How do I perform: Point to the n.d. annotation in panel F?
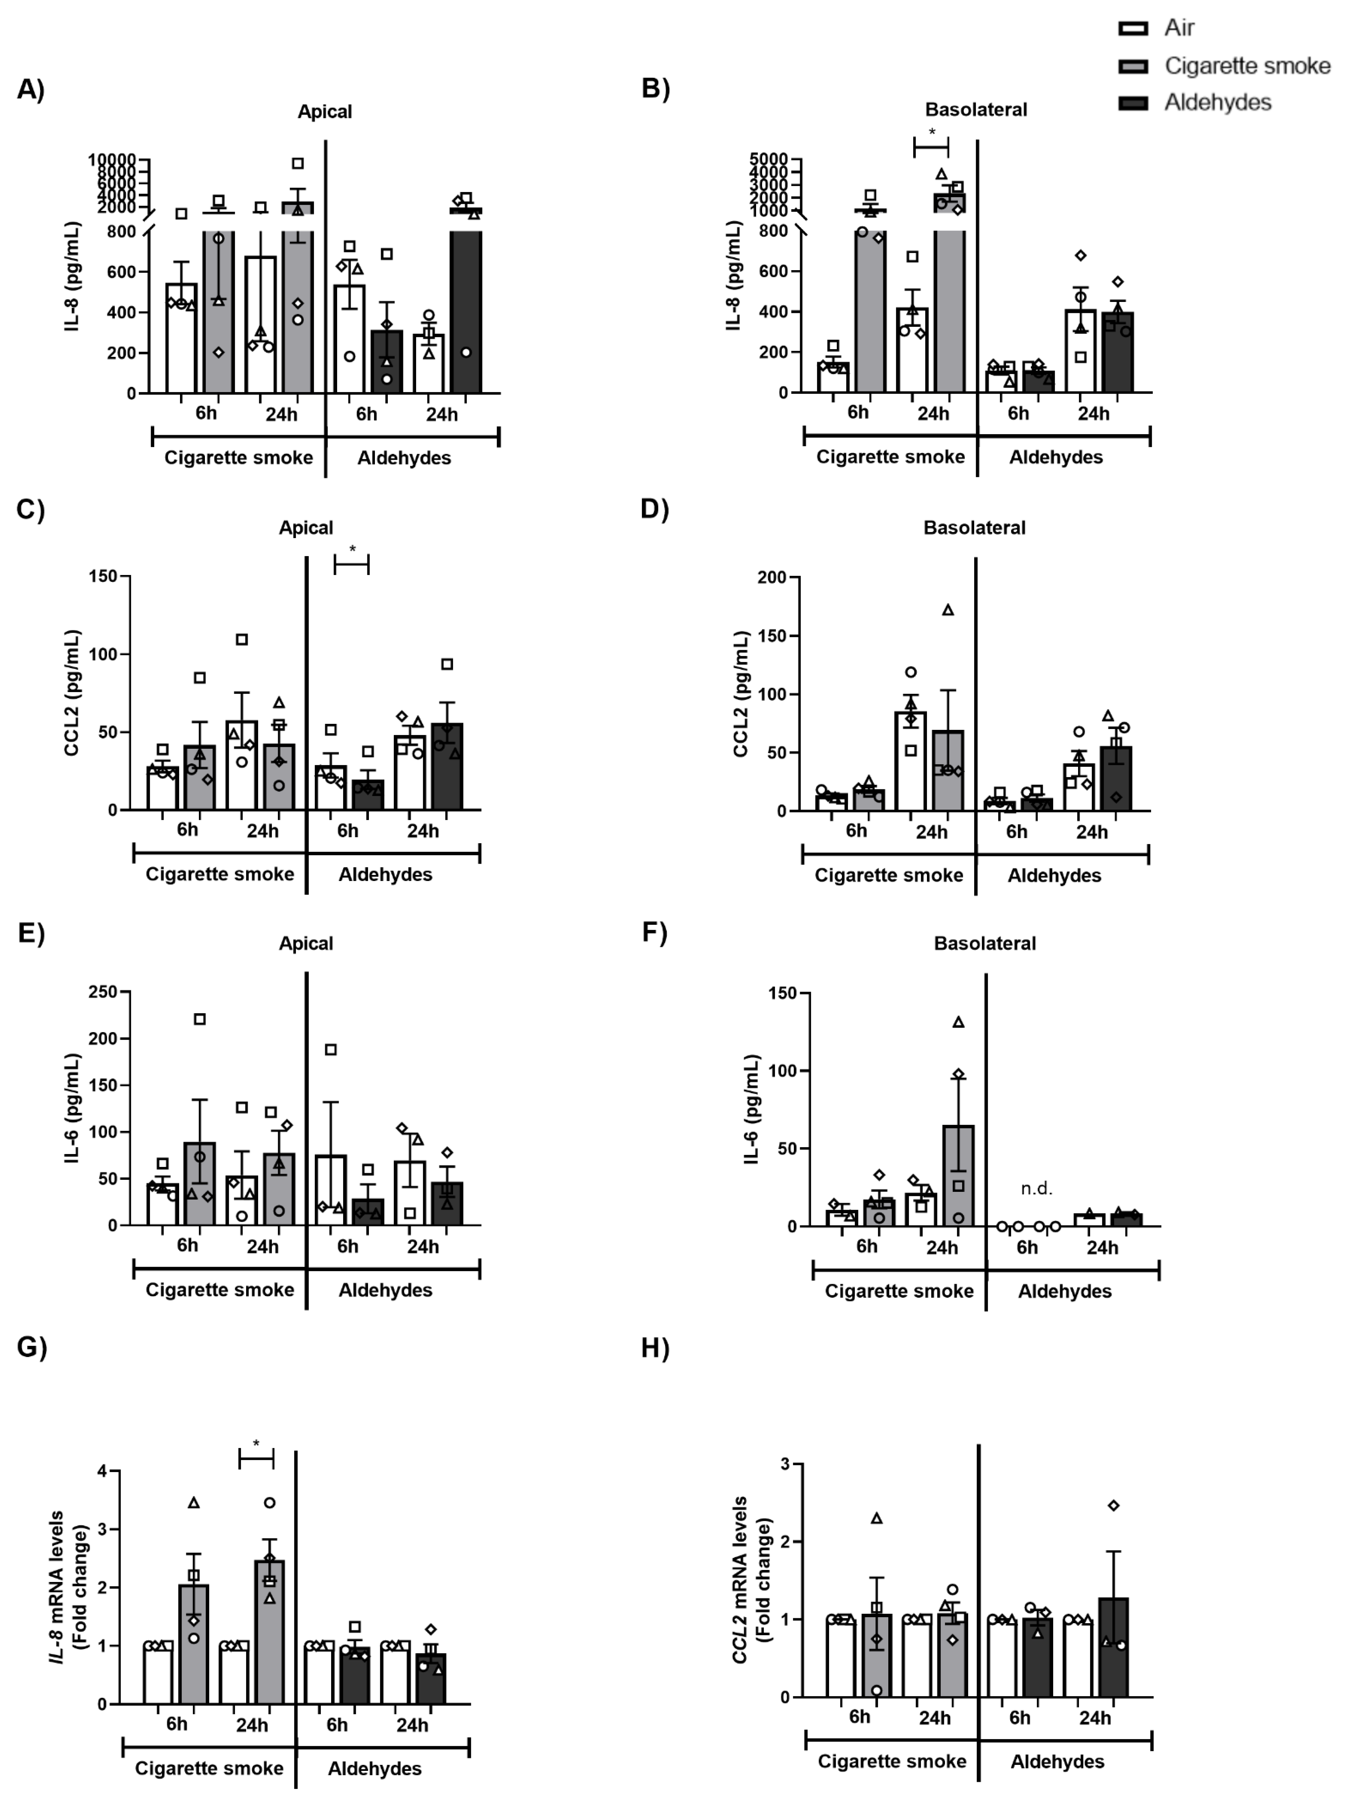pyautogui.click(x=1037, y=1188)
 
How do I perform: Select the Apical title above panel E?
pyautogui.click(x=306, y=943)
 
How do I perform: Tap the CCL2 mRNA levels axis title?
pyautogui.click(x=751, y=1580)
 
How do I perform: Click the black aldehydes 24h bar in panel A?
pyautogui.click(x=466, y=310)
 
